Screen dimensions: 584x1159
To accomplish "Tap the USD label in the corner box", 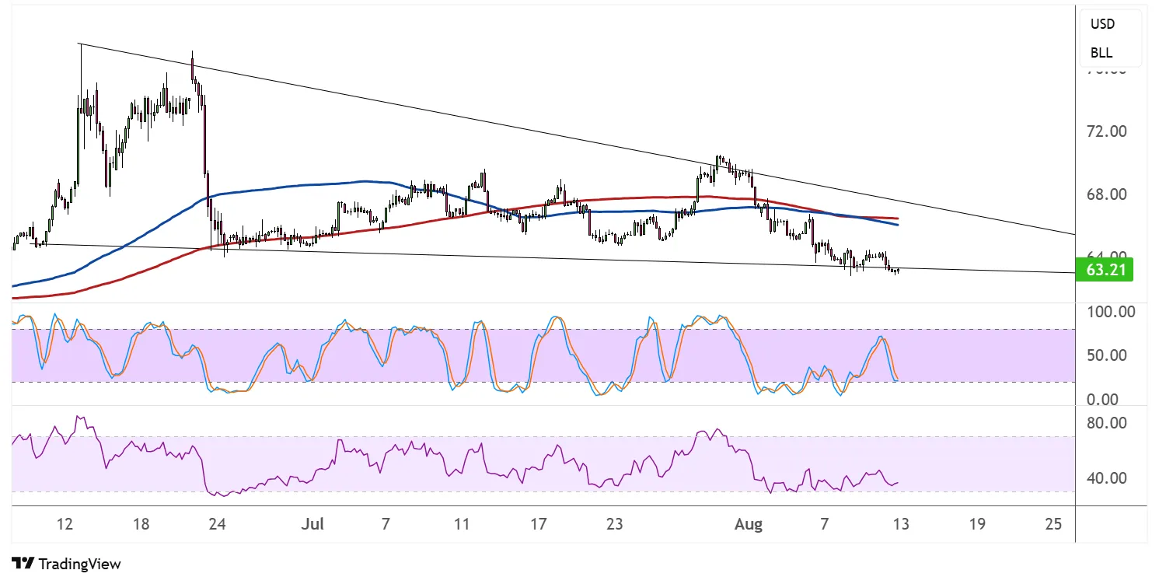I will point(1102,24).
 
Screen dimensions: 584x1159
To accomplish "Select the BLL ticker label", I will point(1101,53).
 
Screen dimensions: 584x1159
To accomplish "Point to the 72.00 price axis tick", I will point(1108,131).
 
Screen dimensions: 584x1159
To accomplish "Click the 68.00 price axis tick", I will point(1108,194).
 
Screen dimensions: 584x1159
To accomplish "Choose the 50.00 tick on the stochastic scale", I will point(1109,355).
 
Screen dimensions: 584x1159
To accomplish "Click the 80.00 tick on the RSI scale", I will point(1108,424).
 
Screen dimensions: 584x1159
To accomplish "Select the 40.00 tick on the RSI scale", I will point(1108,478).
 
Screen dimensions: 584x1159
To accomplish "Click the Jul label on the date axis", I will point(312,524).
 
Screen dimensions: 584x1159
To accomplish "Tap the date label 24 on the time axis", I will point(218,524).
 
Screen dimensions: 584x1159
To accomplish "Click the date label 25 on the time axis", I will point(1053,524).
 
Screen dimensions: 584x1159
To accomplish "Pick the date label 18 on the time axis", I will point(141,524).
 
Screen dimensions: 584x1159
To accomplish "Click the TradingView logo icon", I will point(23,564).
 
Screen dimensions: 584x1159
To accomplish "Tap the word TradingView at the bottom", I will point(79,564).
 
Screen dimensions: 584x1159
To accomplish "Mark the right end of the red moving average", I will point(898,219).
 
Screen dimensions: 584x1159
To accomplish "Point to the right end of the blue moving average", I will point(898,225).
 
